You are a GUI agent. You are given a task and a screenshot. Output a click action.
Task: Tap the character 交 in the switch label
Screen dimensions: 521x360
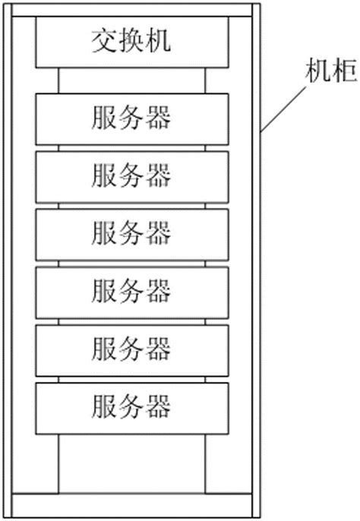[103, 41]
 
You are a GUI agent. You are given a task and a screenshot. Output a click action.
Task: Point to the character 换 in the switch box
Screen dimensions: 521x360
[131, 41]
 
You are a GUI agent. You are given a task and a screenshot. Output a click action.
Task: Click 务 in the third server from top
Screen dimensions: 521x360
[131, 232]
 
